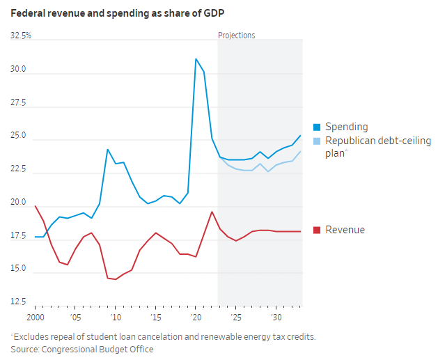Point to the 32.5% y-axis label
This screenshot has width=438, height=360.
[x=21, y=36]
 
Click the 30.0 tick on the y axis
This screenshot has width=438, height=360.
[x=18, y=70]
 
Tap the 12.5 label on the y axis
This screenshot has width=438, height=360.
[x=18, y=302]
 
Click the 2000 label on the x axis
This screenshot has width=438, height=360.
[x=36, y=318]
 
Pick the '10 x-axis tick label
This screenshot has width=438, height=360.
[x=115, y=318]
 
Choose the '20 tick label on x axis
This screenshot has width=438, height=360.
[x=196, y=318]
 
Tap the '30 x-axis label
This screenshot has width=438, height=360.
[x=276, y=318]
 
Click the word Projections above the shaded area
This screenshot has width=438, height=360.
[x=237, y=36]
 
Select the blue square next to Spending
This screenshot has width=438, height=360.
[x=317, y=127]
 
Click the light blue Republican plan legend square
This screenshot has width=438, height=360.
[x=317, y=141]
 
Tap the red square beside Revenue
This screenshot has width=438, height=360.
[x=317, y=230]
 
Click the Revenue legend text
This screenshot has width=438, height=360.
[x=345, y=230]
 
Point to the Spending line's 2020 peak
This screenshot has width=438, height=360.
[x=196, y=59]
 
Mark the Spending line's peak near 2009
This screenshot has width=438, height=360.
[x=108, y=149]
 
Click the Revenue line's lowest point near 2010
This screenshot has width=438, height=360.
[x=115, y=279]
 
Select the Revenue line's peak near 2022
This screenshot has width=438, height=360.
[x=212, y=212]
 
